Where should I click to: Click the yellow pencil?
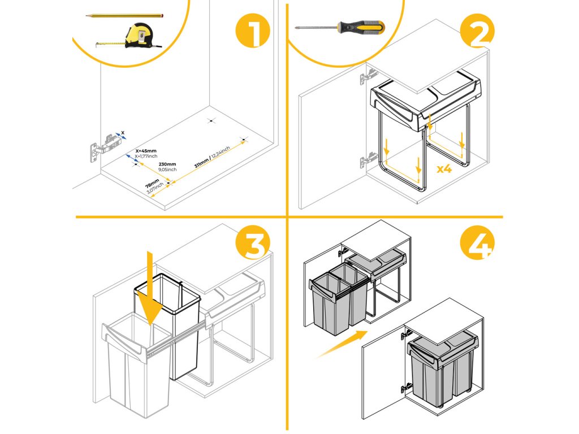pyautogui.click(x=125, y=16)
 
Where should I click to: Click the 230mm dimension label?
pyautogui.click(x=159, y=164)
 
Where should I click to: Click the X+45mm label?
pyautogui.click(x=146, y=151)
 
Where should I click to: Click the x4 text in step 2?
pyautogui.click(x=444, y=168)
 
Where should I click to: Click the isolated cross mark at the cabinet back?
pyautogui.click(x=211, y=120)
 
